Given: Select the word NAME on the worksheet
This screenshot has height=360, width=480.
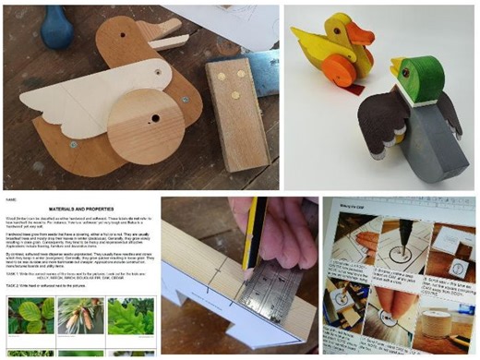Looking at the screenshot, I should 10,197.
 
